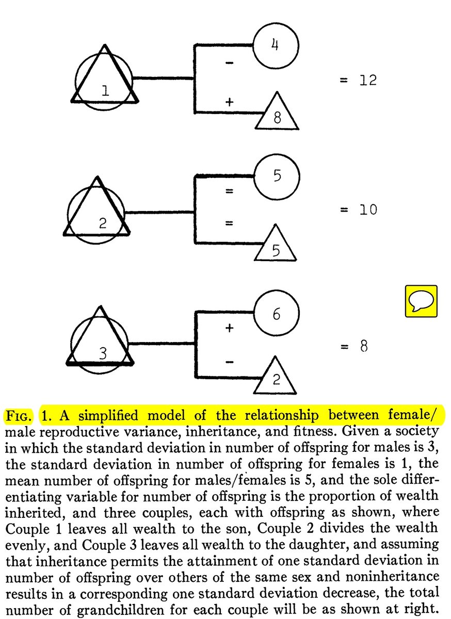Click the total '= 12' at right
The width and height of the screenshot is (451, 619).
(x=359, y=80)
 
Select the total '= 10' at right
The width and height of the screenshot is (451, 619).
(x=359, y=210)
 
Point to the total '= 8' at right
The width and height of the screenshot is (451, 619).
(x=353, y=346)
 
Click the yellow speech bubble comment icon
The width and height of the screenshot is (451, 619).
(x=421, y=300)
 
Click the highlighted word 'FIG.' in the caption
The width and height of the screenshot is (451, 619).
(x=19, y=416)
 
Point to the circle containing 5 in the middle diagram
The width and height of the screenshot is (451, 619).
(x=277, y=177)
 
